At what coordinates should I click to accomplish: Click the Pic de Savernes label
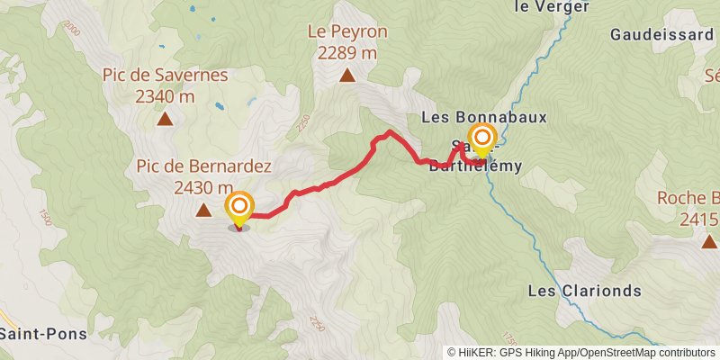click(x=166, y=75)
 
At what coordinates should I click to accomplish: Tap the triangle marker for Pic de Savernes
click(x=165, y=118)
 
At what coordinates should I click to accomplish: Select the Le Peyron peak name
click(x=346, y=31)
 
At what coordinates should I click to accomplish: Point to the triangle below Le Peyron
click(x=346, y=75)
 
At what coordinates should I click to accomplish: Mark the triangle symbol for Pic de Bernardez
click(x=203, y=211)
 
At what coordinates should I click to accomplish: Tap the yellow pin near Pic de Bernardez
click(x=239, y=208)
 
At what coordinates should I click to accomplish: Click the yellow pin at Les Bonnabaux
click(x=483, y=139)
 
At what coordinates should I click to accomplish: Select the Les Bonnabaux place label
click(x=484, y=117)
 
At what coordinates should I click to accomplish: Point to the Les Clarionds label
click(x=584, y=291)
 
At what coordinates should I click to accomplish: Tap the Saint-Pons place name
click(x=43, y=333)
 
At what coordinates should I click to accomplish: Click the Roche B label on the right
click(x=687, y=199)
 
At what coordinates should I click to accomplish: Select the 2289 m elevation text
click(x=346, y=52)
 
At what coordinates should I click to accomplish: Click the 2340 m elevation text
click(x=166, y=95)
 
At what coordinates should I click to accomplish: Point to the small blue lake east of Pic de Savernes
click(x=219, y=106)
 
